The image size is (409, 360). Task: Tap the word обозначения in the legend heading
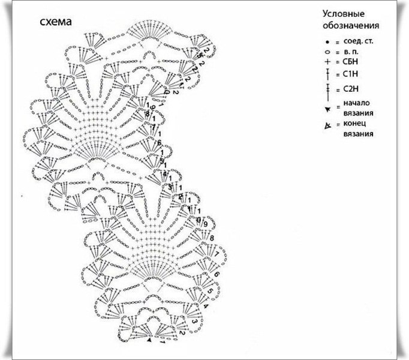coord(351,26)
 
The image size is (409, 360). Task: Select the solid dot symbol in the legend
coord(327,42)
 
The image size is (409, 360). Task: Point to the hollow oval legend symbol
coord(327,52)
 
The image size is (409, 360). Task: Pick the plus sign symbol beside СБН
coord(327,63)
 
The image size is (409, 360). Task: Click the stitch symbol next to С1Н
coord(327,74)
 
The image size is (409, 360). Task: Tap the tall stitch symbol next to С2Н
coord(327,90)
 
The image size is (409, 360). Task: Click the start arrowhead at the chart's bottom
coord(148,340)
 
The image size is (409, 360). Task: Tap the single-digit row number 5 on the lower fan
coord(210,293)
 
